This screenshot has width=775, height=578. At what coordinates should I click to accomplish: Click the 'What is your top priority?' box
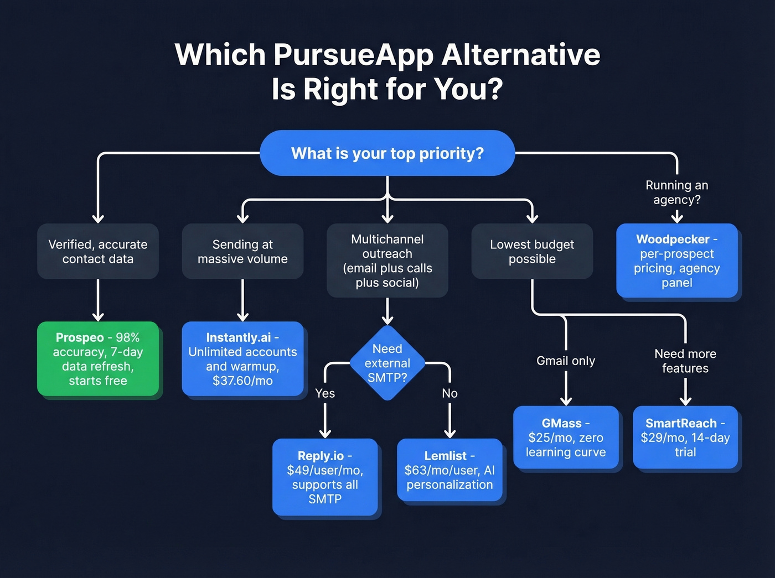click(387, 153)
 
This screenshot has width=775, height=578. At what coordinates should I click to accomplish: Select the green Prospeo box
click(98, 358)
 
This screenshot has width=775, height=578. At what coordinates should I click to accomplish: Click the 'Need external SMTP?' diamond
click(387, 363)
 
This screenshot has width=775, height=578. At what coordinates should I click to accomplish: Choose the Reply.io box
click(325, 477)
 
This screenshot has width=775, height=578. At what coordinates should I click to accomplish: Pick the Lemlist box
click(449, 470)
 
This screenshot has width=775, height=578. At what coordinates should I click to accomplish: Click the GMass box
click(566, 438)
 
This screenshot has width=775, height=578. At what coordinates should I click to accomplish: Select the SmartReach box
click(685, 438)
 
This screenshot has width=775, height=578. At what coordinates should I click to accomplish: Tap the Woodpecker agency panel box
click(677, 261)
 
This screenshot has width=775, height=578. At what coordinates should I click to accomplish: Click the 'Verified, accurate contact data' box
click(98, 252)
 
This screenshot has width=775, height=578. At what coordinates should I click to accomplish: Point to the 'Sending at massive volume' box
click(242, 252)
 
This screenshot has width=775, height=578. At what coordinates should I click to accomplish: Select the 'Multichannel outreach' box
click(387, 261)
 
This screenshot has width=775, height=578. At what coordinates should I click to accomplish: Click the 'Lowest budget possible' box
click(532, 252)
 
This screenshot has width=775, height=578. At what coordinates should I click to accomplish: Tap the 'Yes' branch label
click(325, 393)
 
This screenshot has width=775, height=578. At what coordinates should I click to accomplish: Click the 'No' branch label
click(449, 393)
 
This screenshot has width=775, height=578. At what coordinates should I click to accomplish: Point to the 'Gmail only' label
click(566, 361)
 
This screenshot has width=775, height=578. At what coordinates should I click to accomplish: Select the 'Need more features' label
click(685, 361)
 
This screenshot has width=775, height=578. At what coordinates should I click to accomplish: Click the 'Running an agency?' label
click(677, 192)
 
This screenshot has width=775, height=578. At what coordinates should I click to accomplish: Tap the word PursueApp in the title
click(353, 55)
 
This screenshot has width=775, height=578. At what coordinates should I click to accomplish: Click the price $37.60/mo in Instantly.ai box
click(242, 381)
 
